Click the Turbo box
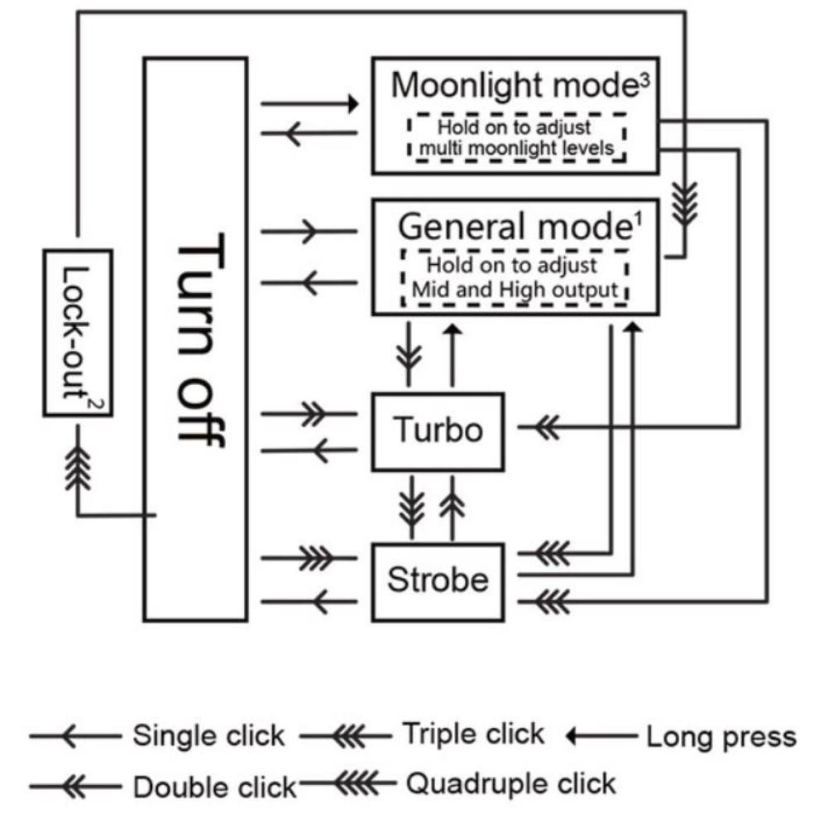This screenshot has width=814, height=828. [x=438, y=431]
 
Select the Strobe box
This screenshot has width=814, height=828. [x=438, y=580]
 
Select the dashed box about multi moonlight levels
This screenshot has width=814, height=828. [x=515, y=138]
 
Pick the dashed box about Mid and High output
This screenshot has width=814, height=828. [x=515, y=277]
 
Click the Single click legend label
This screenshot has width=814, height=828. [x=208, y=735]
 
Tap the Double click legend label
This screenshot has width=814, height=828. [x=214, y=787]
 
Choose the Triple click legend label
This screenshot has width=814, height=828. [x=473, y=734]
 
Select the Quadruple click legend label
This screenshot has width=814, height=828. [x=510, y=783]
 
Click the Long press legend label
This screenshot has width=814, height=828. [x=721, y=736]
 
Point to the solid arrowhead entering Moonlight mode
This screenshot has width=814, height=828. [x=353, y=104]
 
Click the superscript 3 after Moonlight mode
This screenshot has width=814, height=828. [x=644, y=80]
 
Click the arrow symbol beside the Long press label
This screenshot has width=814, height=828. [x=600, y=735]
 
